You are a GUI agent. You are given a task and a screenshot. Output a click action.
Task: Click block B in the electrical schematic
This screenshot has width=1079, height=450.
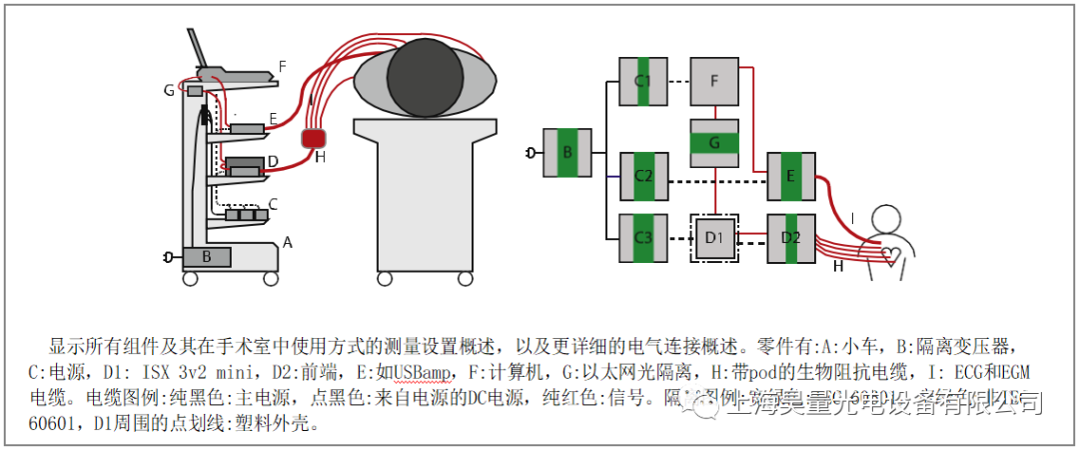(x=566, y=153)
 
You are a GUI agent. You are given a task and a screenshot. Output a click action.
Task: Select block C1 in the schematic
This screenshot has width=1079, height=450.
(x=643, y=80)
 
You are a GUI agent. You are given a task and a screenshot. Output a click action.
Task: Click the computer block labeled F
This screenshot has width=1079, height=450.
(x=714, y=80)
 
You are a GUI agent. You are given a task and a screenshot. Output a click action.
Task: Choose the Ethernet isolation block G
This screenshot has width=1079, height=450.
(x=714, y=143)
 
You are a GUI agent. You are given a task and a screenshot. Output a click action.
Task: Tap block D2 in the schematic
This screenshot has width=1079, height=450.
(x=791, y=239)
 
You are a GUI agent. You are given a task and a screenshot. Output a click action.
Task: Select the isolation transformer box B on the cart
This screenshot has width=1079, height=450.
(x=207, y=257)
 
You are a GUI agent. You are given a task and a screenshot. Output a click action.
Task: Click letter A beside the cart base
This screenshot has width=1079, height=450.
(x=288, y=242)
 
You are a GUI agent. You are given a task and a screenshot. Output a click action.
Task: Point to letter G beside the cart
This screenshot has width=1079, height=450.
(x=170, y=90)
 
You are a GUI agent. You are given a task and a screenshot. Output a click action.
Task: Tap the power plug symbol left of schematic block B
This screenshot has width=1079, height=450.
(x=531, y=153)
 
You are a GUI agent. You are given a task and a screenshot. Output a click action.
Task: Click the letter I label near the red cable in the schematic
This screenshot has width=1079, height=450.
(x=851, y=217)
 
